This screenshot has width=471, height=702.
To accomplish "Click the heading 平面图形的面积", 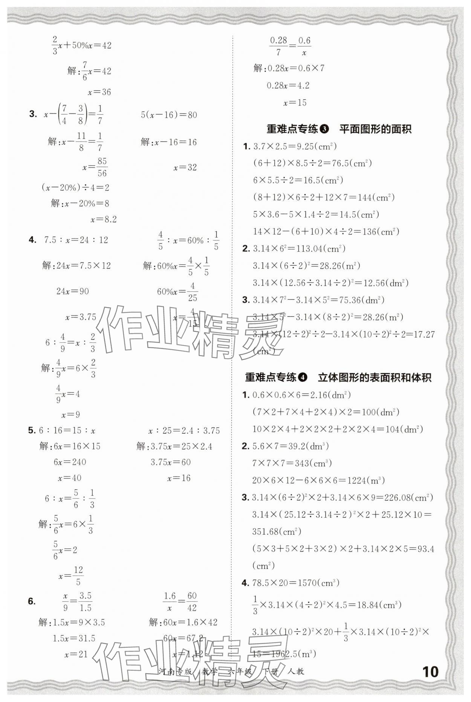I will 375,129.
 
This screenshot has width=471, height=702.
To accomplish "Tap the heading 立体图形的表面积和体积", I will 375,377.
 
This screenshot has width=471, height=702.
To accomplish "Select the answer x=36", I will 99,92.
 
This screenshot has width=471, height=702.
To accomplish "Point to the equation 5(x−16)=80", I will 169,115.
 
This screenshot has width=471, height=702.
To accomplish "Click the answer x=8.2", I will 104,219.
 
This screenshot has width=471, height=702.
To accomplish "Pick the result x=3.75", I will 81,317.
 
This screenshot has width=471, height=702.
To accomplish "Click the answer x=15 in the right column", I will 295,102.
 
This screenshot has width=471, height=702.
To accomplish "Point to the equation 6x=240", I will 70,462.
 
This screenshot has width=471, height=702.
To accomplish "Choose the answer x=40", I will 70,478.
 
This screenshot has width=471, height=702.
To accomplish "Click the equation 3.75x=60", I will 171,462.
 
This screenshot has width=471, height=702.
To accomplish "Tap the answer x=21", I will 76,654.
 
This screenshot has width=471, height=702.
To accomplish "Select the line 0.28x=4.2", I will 288,86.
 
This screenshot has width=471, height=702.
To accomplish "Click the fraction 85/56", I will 102,167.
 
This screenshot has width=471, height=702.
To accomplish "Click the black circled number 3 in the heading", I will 324,129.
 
